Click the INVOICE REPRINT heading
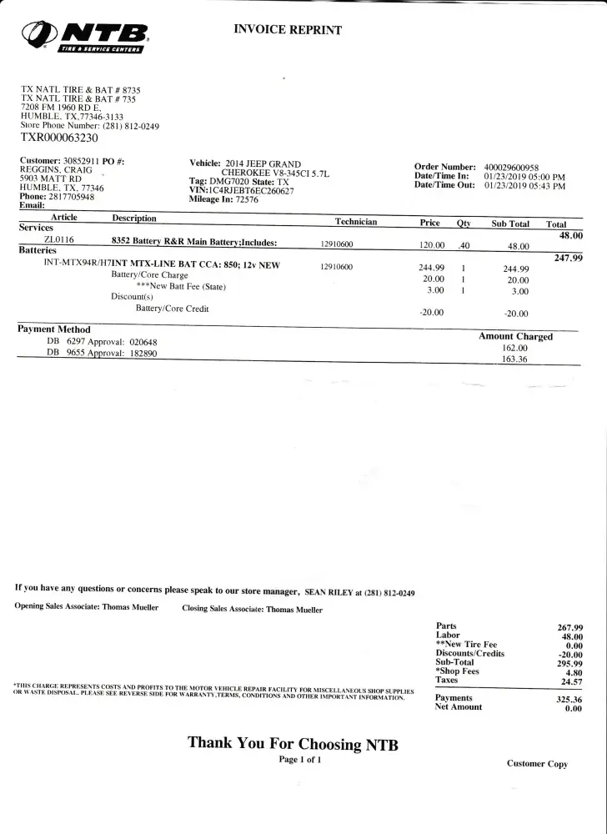[288, 30]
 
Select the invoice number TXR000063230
[59, 138]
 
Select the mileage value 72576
[247, 200]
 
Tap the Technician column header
[356, 222]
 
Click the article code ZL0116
[60, 240]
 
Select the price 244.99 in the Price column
[431, 269]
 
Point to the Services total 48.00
[570, 236]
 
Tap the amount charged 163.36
[514, 359]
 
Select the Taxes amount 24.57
[570, 681]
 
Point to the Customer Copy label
[537, 764]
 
